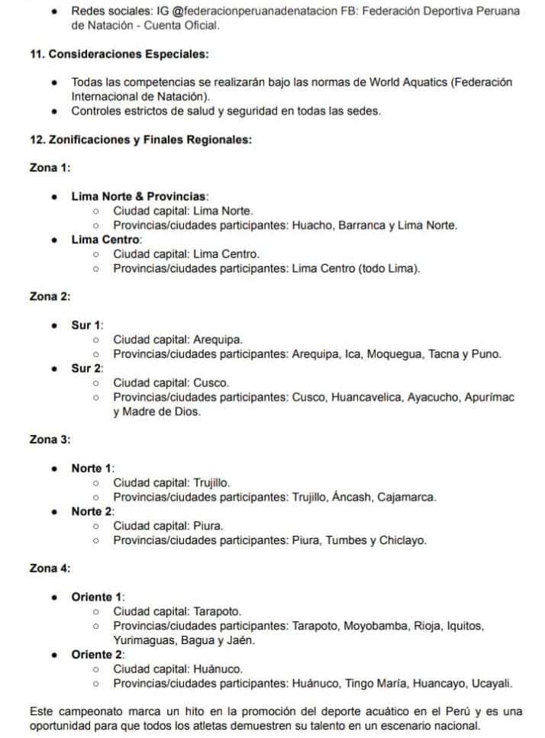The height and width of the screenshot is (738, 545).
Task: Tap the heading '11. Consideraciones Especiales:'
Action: [119, 55]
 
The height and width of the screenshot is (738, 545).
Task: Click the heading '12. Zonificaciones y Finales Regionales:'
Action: [140, 140]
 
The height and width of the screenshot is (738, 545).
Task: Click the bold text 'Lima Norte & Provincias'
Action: [139, 196]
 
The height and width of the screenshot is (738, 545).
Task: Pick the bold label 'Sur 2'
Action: [86, 368]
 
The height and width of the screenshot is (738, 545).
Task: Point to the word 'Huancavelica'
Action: [367, 397]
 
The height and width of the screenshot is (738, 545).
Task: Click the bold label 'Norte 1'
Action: [92, 468]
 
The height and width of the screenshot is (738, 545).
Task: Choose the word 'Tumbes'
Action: [347, 540]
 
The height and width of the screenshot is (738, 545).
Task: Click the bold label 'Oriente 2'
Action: [97, 654]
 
